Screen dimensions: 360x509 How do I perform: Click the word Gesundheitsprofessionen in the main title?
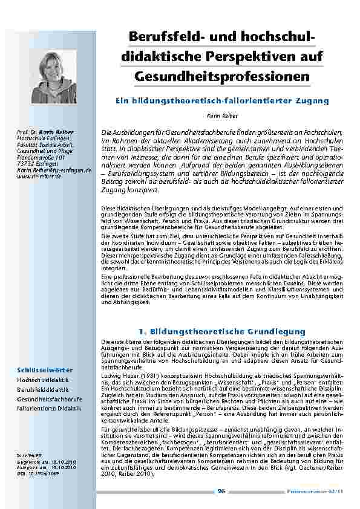222,77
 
